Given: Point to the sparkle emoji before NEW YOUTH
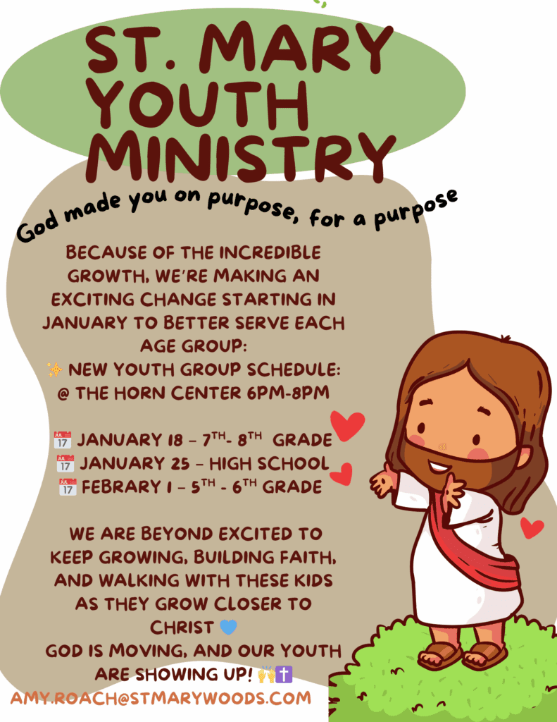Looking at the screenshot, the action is (x=55, y=369).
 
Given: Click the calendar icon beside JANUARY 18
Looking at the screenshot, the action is (x=63, y=440).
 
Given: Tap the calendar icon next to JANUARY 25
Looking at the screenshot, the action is (x=65, y=463).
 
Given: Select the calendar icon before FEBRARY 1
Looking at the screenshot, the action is (x=68, y=487).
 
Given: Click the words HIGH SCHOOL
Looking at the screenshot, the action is (x=269, y=464).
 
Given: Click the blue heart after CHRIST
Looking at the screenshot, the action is (x=229, y=627).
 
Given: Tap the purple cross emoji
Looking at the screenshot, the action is (x=284, y=674).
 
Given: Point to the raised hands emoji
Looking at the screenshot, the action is (x=266, y=674).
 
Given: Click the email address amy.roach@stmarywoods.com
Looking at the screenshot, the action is (x=161, y=698).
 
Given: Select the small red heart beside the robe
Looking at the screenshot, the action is (x=532, y=527).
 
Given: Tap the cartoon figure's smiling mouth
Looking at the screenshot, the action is (x=439, y=467).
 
